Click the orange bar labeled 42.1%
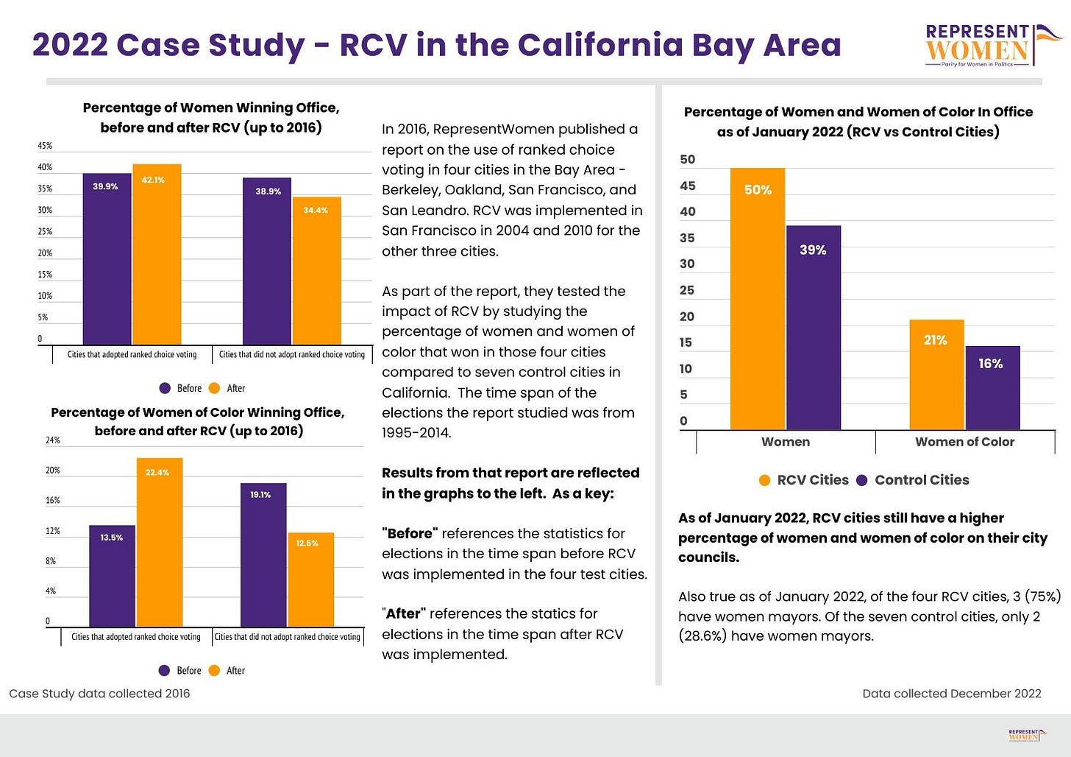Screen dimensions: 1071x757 [x=157, y=254]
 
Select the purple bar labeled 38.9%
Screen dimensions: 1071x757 [x=267, y=261]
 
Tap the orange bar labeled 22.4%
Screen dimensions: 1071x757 [x=160, y=542]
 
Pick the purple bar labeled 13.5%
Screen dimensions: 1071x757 [x=113, y=576]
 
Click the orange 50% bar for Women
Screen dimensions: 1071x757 [x=758, y=298]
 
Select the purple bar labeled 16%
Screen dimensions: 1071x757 [x=992, y=387]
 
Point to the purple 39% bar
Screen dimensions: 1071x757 [x=814, y=327]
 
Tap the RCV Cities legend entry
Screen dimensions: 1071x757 [x=804, y=480]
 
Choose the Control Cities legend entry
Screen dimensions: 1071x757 [x=913, y=480]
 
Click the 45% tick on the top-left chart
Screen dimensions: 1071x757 [x=45, y=146]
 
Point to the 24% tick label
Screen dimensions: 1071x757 [x=53, y=440]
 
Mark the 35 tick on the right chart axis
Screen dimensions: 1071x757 [x=687, y=238]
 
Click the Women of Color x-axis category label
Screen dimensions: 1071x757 [x=965, y=442]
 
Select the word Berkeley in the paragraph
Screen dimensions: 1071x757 [x=410, y=190]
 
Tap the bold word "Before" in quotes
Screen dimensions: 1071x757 [x=410, y=533]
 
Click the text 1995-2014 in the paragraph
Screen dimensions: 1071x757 [x=416, y=432]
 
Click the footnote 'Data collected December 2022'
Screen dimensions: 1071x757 [x=952, y=694]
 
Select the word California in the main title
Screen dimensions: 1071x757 [x=600, y=45]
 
